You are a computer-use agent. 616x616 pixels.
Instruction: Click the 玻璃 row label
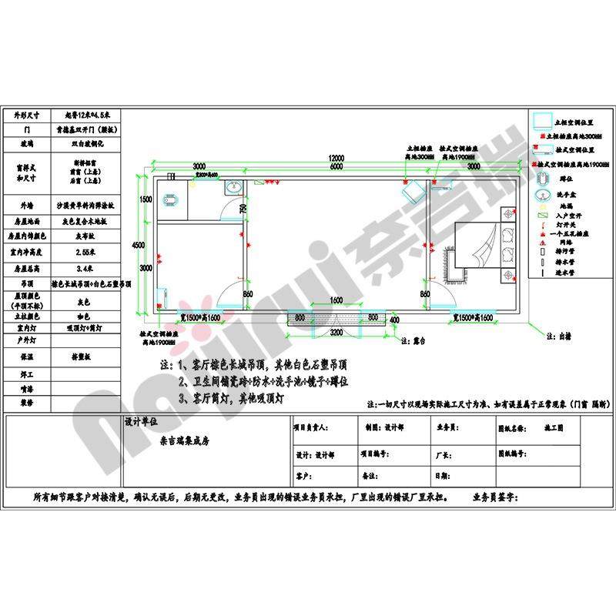coord(25,143)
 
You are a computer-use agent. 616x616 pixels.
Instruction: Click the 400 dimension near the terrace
coord(394,320)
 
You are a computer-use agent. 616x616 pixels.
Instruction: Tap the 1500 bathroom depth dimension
coord(146,199)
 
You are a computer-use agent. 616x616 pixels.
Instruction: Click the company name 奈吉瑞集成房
coord(184,442)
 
